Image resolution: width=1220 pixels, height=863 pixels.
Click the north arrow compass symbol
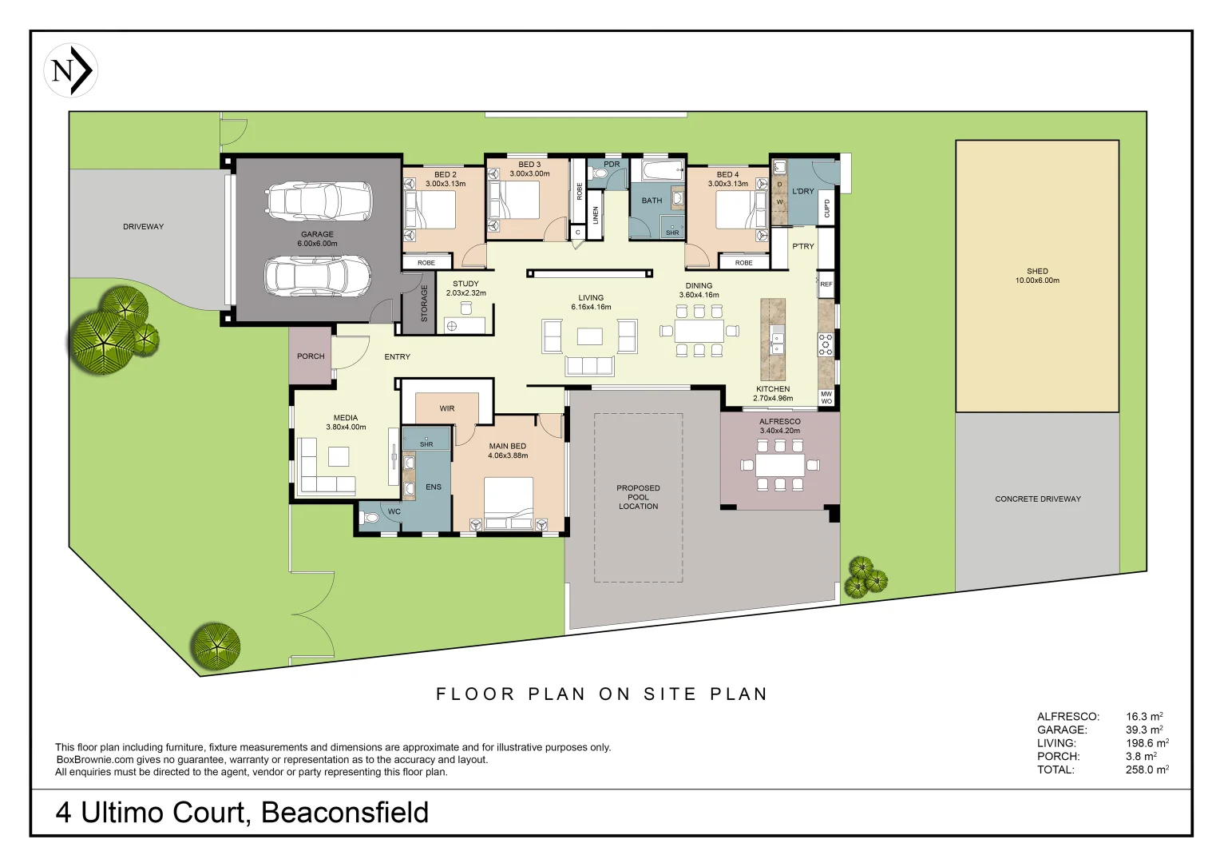click(71, 71)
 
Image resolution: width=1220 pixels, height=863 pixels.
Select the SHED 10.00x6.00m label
click(1037, 276)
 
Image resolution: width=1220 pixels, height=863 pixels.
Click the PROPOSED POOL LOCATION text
click(638, 497)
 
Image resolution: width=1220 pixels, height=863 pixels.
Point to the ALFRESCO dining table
click(779, 465)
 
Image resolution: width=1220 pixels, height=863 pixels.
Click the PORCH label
click(311, 356)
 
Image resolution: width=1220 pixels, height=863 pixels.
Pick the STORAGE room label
click(425, 304)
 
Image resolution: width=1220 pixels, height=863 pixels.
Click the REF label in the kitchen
click(826, 284)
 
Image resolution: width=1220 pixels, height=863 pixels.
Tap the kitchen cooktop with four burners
click(826, 344)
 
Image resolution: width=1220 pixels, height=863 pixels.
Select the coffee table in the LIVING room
click(589, 336)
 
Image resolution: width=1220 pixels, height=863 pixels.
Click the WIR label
click(447, 408)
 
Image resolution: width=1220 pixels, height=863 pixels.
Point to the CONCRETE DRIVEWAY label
click(1037, 499)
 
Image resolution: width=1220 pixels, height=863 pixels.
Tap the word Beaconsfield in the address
click(345, 813)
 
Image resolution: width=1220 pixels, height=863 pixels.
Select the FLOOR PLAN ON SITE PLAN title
click(602, 694)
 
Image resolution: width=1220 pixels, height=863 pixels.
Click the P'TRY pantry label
click(802, 246)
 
